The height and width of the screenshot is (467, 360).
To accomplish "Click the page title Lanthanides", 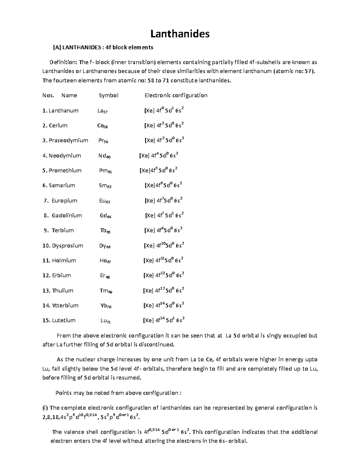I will pyautogui.click(x=180, y=34).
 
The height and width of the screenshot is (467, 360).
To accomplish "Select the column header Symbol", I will pyautogui.click(x=109, y=95).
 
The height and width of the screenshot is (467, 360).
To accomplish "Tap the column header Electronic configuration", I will pyautogui.click(x=176, y=95).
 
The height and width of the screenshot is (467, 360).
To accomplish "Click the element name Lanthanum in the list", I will pyautogui.click(x=63, y=111).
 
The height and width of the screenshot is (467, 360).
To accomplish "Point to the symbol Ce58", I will pyautogui.click(x=102, y=126).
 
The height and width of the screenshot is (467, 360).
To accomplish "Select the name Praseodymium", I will pyautogui.click(x=68, y=140).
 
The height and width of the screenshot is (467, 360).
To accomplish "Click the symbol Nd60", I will pyautogui.click(x=104, y=156).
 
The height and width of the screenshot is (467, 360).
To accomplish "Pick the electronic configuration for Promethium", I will pyautogui.click(x=158, y=170).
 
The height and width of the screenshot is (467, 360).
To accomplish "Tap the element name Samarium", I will pyautogui.click(x=62, y=185).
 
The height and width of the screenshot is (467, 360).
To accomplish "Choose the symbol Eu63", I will pyautogui.click(x=104, y=201).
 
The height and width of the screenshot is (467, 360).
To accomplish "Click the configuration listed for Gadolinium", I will pyautogui.click(x=164, y=215).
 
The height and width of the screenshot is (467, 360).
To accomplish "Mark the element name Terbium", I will pyautogui.click(x=63, y=230).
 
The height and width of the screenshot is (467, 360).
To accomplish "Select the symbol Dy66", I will pyautogui.click(x=105, y=246).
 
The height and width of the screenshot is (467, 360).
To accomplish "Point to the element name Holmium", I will pyautogui.click(x=64, y=260).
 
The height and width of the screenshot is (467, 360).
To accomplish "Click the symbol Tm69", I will pyautogui.click(x=106, y=291).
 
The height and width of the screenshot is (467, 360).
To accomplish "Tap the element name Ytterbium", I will pyautogui.click(x=65, y=305).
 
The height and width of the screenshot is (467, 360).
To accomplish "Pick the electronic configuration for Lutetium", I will pyautogui.click(x=163, y=320).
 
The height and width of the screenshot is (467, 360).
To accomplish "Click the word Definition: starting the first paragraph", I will pyautogui.click(x=63, y=62).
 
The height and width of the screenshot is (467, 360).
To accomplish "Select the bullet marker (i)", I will pyautogui.click(x=45, y=408).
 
